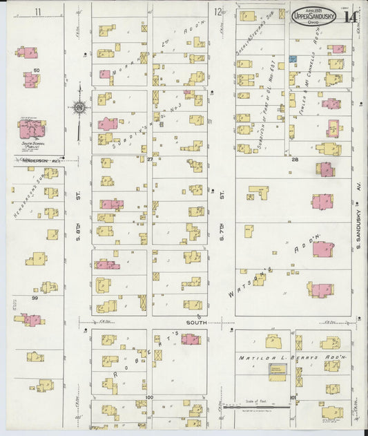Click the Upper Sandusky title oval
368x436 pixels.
click(315, 15)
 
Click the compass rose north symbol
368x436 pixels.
click(79, 108)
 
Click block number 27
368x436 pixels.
click(149, 159)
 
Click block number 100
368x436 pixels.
click(149, 398)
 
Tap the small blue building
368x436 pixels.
click(293, 59)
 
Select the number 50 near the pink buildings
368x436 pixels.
click(37, 70)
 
